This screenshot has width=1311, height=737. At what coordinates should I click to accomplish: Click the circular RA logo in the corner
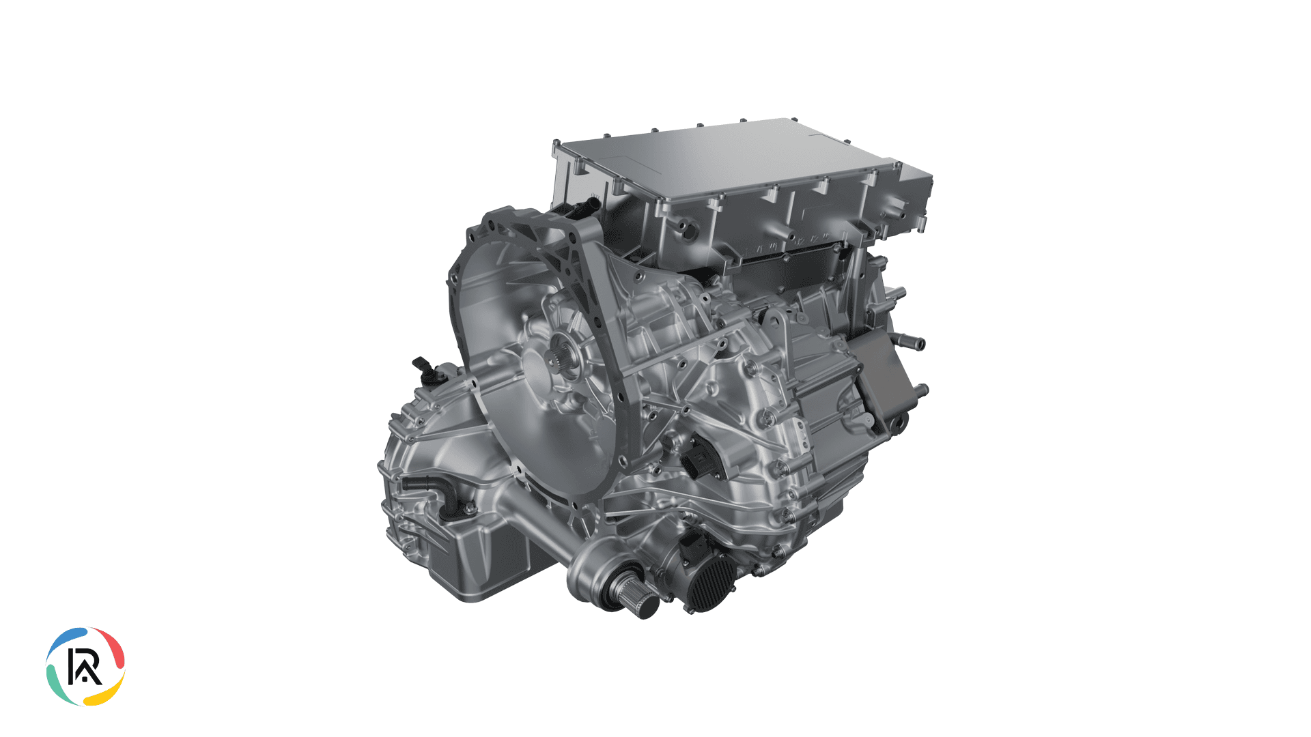click(x=85, y=666)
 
